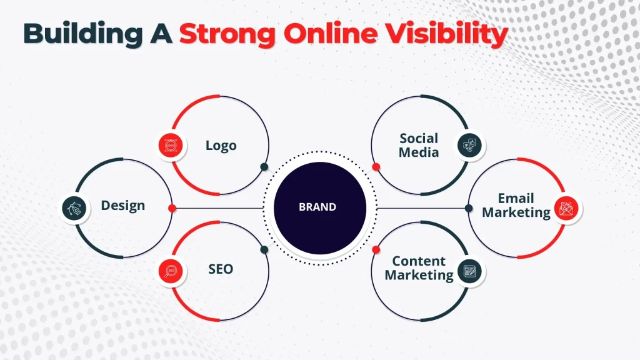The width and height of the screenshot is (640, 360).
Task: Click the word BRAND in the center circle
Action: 317,207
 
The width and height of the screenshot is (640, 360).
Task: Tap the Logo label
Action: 221,146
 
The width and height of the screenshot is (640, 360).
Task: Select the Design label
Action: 123,205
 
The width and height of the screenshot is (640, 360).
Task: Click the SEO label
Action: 221,269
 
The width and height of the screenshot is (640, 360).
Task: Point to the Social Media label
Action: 419,144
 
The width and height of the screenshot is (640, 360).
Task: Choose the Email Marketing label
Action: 516,205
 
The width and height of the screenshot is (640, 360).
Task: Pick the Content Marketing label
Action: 419,267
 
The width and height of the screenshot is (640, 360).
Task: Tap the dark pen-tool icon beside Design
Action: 74,207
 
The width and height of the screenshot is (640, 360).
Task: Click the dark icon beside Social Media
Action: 469,146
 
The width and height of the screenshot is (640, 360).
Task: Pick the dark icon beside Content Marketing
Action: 469,270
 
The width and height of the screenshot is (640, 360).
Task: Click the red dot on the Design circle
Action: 172,207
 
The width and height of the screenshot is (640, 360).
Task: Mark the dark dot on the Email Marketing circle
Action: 468,207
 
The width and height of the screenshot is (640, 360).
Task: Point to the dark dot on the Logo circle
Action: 264,166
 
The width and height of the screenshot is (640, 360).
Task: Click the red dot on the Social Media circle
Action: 376,166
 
